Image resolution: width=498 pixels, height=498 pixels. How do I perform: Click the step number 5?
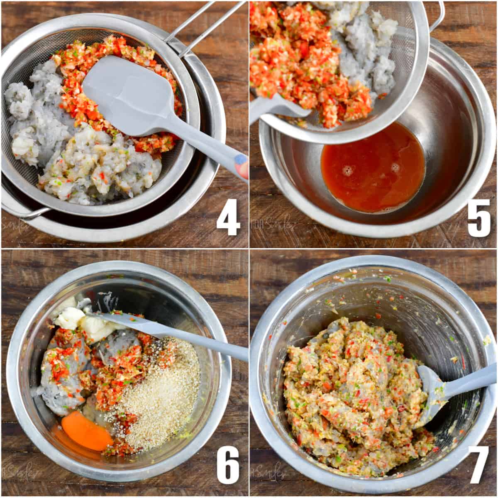tap(478, 220)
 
